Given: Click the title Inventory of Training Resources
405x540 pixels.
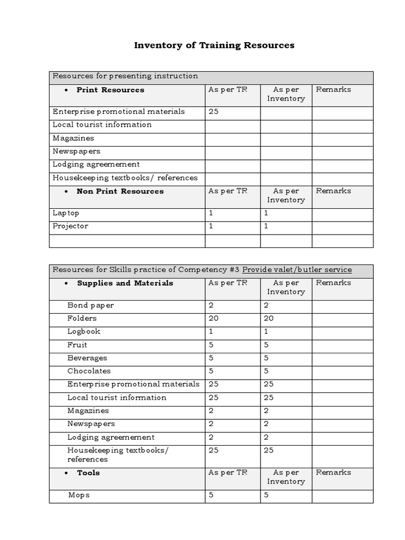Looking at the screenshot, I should pos(214,45).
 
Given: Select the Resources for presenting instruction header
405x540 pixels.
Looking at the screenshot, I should pos(126,76).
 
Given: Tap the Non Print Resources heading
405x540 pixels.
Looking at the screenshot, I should pos(120,191).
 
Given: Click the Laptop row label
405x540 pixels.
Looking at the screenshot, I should pos(66,213).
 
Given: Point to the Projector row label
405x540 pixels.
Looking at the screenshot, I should pos(71,226).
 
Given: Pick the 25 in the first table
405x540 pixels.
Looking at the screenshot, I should pos(214,111).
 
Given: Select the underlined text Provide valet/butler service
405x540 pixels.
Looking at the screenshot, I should pos(297,270).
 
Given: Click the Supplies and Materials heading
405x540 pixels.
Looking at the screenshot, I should pos(125,283).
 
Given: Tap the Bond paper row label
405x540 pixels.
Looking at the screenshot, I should pos(90,305).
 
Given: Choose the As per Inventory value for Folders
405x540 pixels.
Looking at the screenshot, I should pos(268,319).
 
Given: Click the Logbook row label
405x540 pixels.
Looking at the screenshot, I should pos(84,332).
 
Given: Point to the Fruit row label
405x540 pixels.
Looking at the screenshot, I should pos(78,345).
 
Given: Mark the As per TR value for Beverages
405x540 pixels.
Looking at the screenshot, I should pos(211,358).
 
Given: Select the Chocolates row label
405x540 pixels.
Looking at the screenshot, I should pos(89,371).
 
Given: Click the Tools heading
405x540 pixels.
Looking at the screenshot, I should pos(88,473).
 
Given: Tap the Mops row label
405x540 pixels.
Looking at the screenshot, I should pos(79,495).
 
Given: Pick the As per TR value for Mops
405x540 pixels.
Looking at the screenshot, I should pos(211,495).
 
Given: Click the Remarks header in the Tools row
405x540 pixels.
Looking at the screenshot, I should pos(333,473).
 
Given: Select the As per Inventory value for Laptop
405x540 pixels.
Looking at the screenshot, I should pos(266,213).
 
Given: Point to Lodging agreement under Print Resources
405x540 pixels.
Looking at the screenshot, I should pos(96,165).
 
